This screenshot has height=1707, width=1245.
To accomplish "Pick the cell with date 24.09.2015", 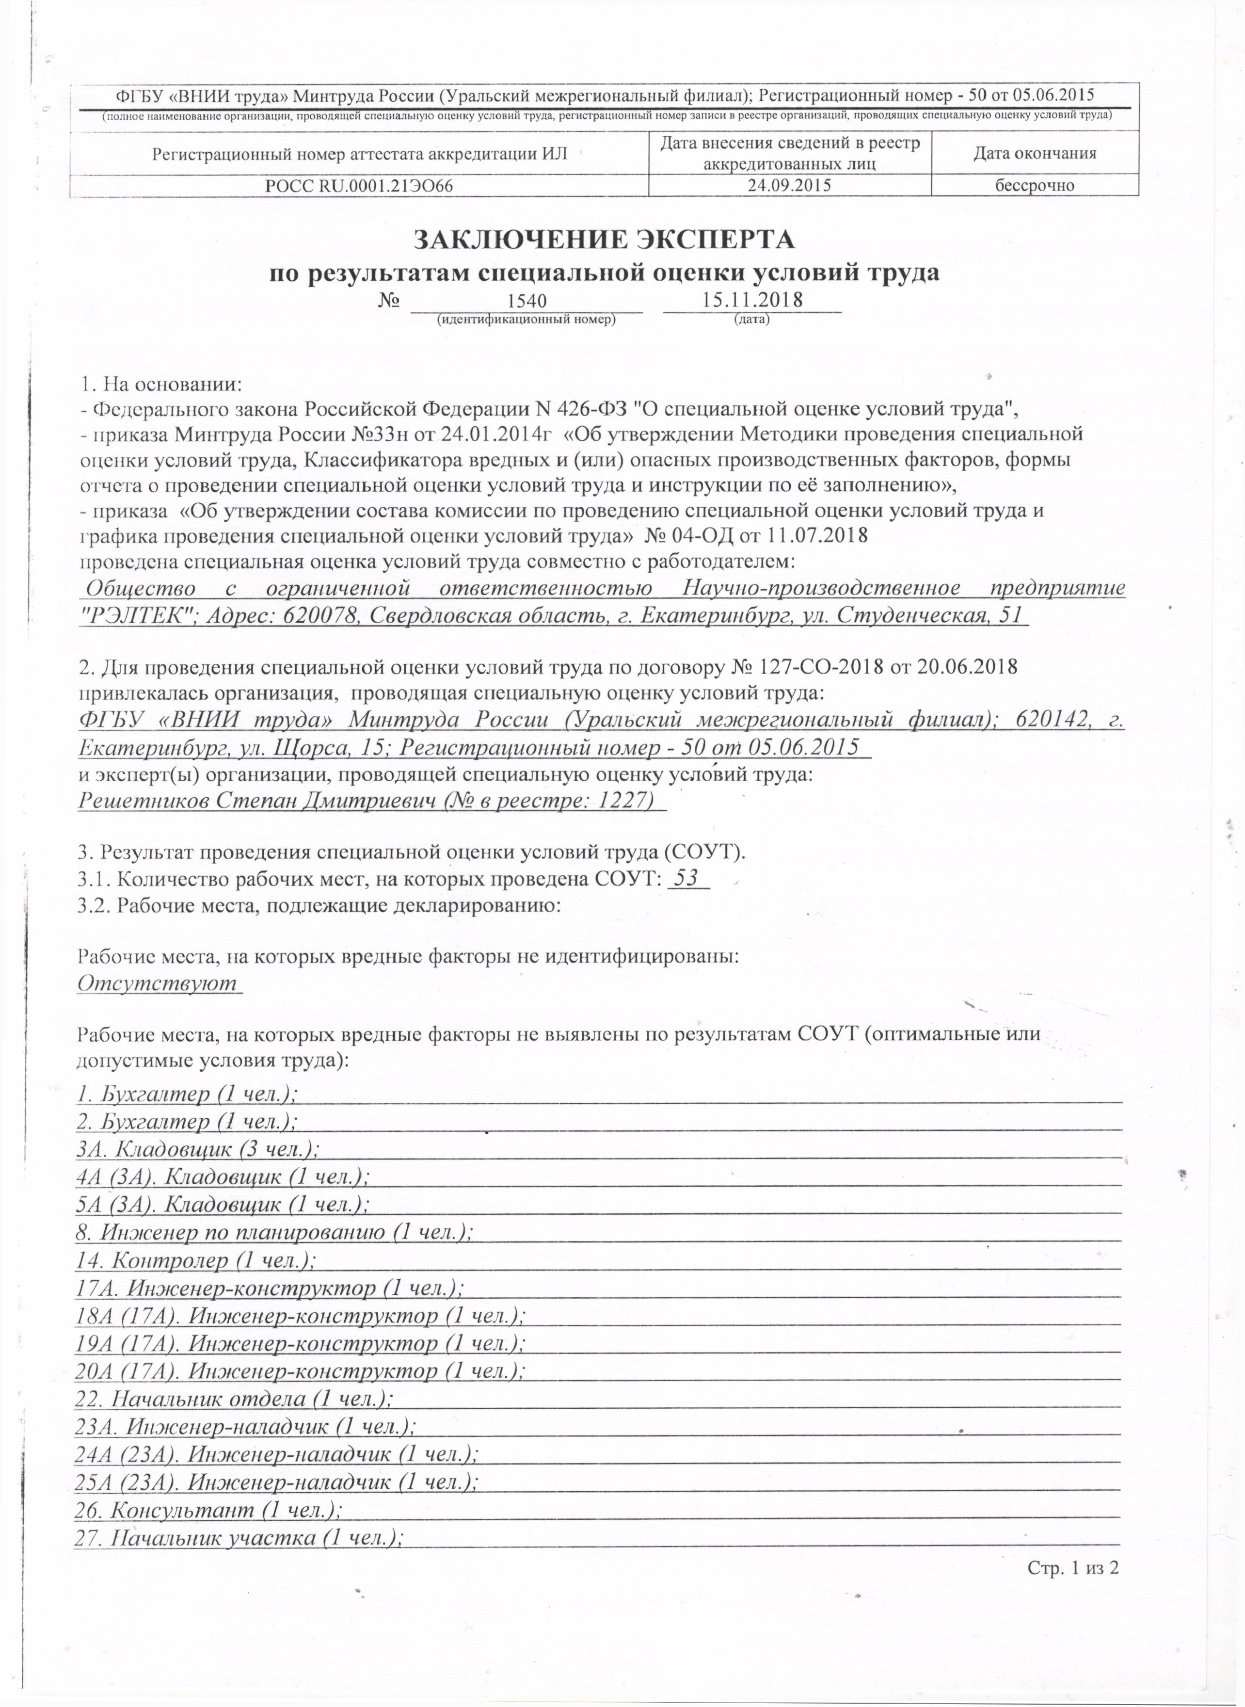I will [x=789, y=185].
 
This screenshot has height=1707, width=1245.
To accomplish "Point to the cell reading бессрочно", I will [x=1034, y=185].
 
